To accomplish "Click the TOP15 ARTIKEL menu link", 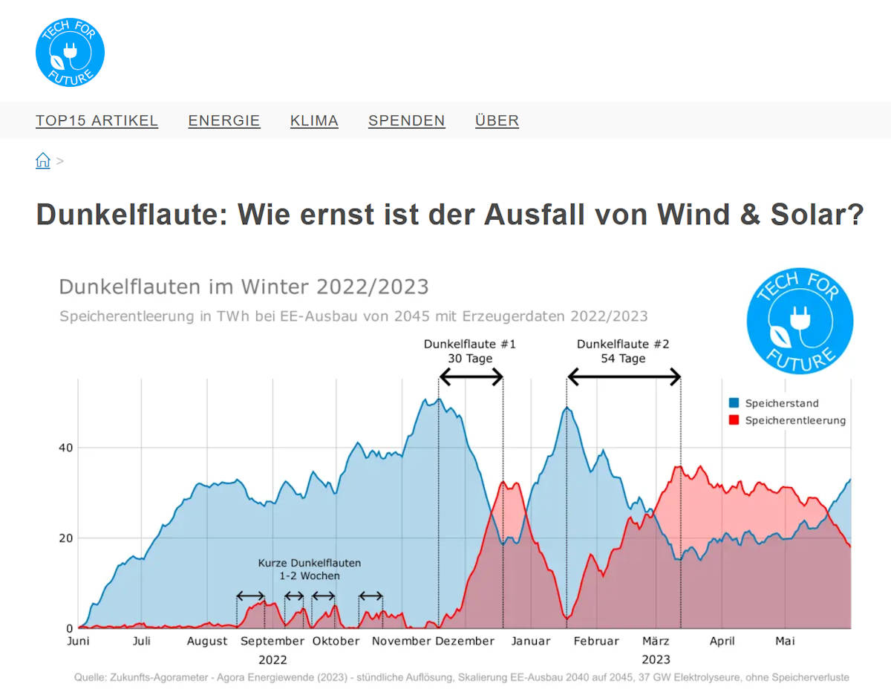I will (x=97, y=120).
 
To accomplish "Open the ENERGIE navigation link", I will (x=224, y=120).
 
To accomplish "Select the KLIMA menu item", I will (x=314, y=120).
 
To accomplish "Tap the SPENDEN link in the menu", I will (x=407, y=120).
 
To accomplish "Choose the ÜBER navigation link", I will (x=497, y=120).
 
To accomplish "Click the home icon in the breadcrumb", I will (x=43, y=160).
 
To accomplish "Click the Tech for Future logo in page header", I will (x=70, y=52).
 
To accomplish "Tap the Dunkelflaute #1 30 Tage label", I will (x=470, y=351).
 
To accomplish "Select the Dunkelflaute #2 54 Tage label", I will (x=623, y=351).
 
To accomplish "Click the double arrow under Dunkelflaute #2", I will (x=624, y=377).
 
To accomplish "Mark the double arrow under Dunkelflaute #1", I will (x=471, y=377).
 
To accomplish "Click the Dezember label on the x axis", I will (x=465, y=641).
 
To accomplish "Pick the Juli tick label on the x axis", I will (x=141, y=641).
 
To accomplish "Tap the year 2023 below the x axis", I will (x=656, y=659).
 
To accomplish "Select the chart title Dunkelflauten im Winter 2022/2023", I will (x=244, y=287).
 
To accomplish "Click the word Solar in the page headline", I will (x=823, y=215).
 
